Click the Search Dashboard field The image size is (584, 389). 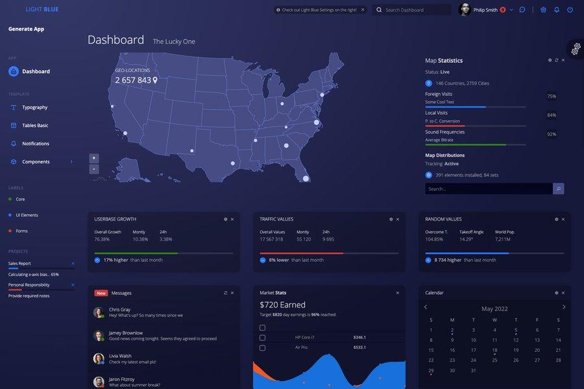(x=415, y=10)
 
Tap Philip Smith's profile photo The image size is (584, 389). (x=465, y=10)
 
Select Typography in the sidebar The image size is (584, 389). (x=34, y=108)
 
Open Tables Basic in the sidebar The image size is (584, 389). (x=35, y=126)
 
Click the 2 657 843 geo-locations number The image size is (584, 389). (x=133, y=80)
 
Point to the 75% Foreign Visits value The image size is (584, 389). (x=552, y=97)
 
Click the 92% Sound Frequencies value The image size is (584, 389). (x=552, y=134)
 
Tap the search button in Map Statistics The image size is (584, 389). (x=558, y=189)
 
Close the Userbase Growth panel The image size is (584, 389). (x=232, y=219)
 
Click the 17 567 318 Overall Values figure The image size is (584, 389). (x=271, y=239)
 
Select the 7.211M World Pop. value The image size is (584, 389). (x=504, y=239)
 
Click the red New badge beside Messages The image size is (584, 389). (x=101, y=293)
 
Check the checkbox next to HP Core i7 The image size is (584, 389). (x=262, y=338)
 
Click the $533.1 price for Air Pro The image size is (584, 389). (x=359, y=348)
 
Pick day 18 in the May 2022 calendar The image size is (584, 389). (x=494, y=351)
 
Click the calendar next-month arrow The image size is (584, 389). (x=564, y=307)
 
